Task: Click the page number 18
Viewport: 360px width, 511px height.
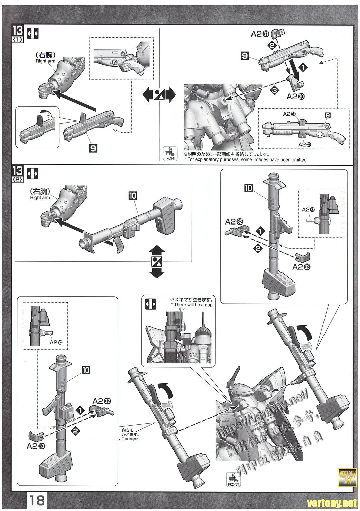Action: pos(37,500)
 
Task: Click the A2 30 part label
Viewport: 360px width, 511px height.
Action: pos(296,97)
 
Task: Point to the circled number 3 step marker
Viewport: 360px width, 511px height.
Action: pos(274,90)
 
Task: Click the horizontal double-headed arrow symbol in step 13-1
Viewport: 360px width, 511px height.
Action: pos(159,95)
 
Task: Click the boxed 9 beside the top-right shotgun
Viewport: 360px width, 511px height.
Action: pos(245,56)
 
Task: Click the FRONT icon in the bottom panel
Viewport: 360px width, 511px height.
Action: pos(233,479)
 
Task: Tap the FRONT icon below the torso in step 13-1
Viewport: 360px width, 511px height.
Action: pos(170,154)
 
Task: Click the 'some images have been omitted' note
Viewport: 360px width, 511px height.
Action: pos(245,160)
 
